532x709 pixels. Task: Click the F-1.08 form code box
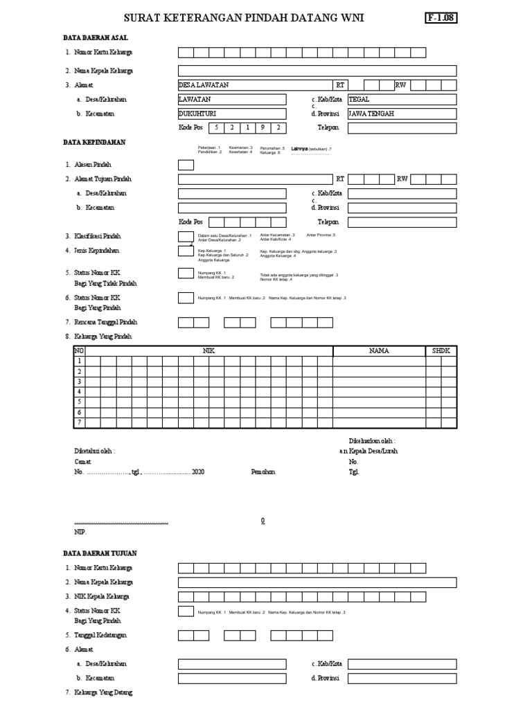point(441,18)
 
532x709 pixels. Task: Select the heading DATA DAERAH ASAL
point(96,38)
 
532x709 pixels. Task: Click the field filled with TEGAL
point(402,100)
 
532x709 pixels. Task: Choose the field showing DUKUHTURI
point(231,114)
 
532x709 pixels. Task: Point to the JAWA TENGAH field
point(402,114)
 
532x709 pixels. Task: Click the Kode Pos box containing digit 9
point(263,128)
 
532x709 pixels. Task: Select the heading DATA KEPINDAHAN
point(94,142)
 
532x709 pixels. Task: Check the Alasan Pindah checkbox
point(186,165)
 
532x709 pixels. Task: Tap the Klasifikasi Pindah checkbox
point(186,237)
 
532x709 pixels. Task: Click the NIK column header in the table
point(209,351)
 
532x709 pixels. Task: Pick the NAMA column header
point(379,351)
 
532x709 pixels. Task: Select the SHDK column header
point(441,351)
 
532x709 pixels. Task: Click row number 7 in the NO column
point(79,422)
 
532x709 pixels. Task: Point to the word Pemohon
point(263,472)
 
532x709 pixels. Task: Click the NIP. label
point(80,532)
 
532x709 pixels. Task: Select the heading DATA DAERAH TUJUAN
point(100,553)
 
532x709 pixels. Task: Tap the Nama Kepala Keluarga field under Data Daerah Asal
point(317,71)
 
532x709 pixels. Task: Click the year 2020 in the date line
point(198,472)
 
